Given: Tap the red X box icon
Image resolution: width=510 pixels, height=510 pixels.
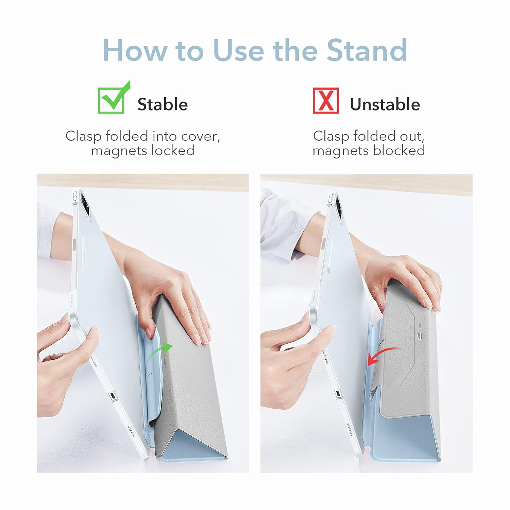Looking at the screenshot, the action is (x=326, y=100).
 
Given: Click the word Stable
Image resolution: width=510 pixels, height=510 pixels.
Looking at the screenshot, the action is (x=163, y=104).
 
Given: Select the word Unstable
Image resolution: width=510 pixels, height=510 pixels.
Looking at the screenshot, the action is (x=385, y=104).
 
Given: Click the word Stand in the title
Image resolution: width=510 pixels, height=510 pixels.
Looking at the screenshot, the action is (x=367, y=50).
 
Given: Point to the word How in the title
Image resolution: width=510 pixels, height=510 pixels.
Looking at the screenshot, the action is (x=135, y=50).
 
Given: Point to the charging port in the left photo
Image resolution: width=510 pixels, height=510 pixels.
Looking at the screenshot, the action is (x=113, y=396).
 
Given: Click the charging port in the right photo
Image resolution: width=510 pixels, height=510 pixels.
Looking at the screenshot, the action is (x=338, y=393).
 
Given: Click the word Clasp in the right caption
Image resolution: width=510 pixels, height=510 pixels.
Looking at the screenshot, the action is (x=331, y=136).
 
